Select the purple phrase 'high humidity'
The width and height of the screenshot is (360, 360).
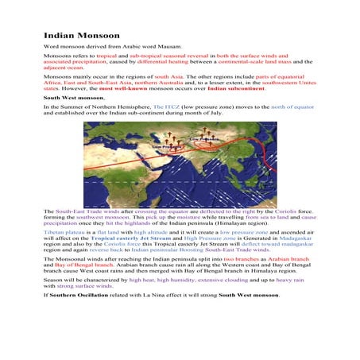(172, 281)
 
